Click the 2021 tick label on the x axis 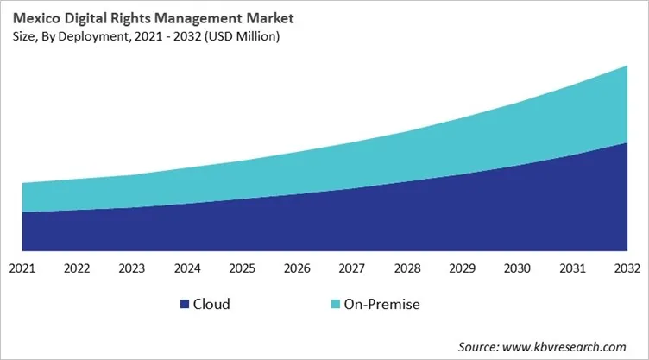coord(22,268)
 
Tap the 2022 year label coord(77,268)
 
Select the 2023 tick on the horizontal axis coord(132,268)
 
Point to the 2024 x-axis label coord(187,268)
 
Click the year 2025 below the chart coord(242,268)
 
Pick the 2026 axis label coord(297,268)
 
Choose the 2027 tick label coord(352,268)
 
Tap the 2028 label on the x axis coord(407,268)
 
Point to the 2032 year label coord(627,268)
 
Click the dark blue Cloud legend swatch coord(184,304)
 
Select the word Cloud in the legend coord(212,304)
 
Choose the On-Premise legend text coord(381,304)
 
